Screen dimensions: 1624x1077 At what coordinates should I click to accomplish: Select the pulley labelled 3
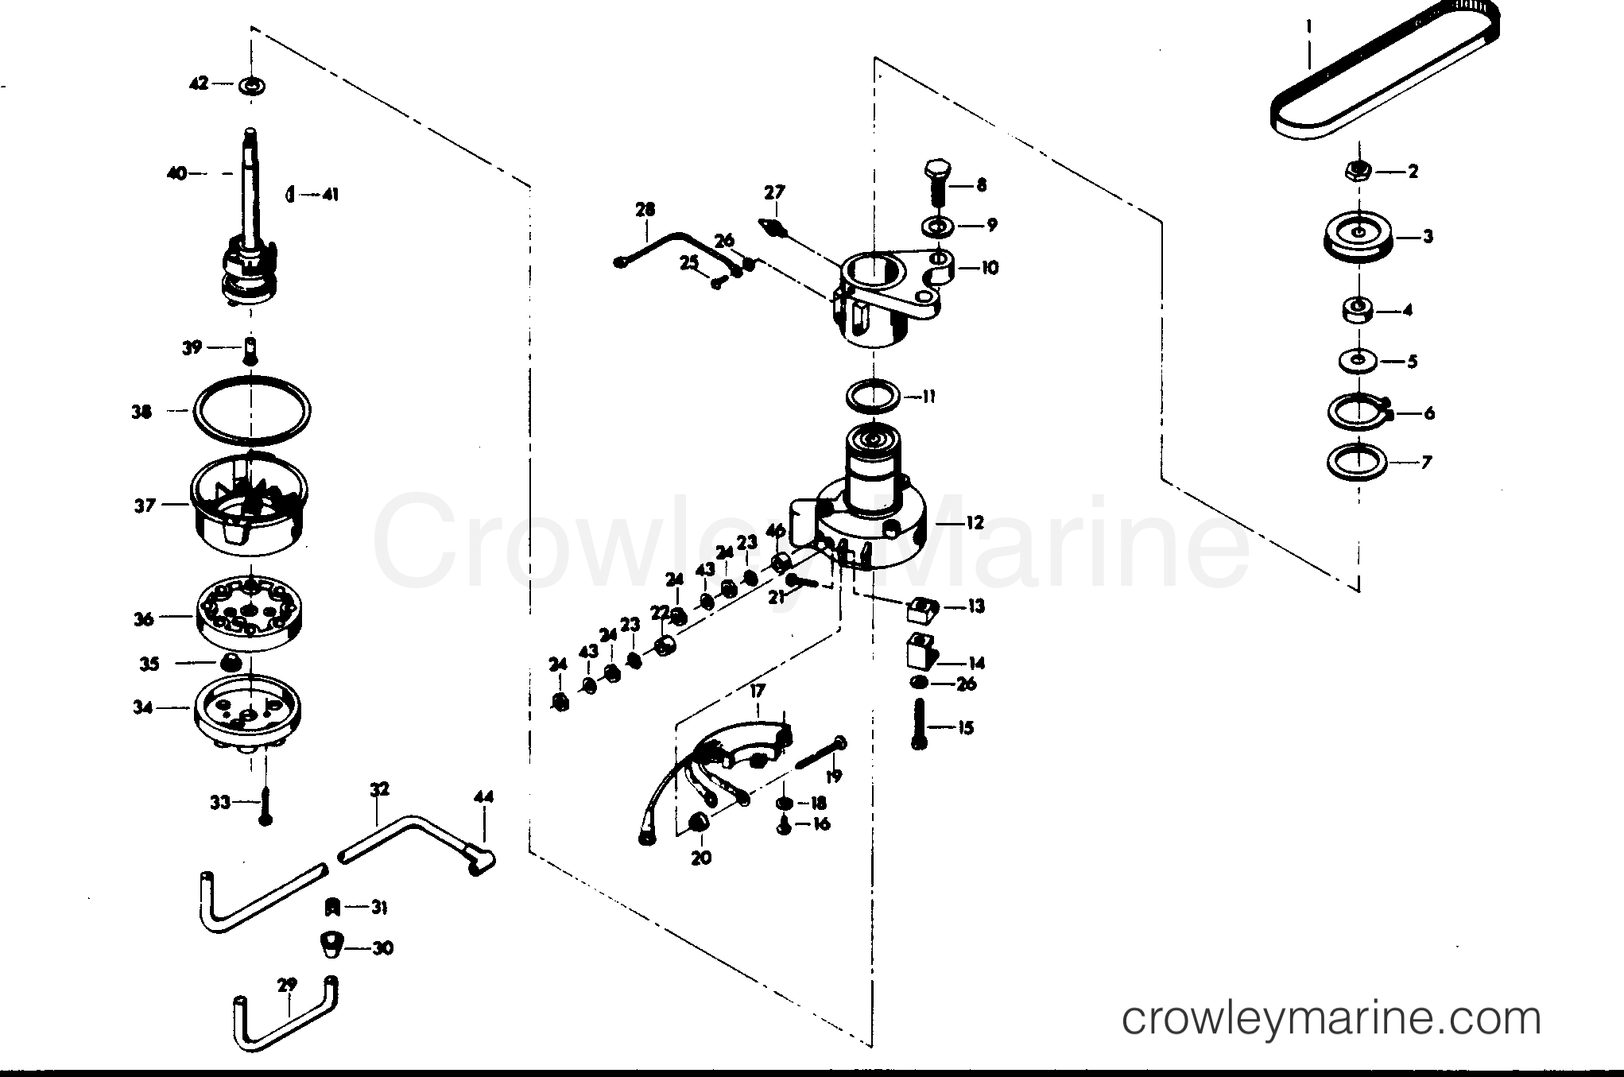[1359, 237]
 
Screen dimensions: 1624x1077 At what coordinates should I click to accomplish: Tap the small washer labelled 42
[252, 85]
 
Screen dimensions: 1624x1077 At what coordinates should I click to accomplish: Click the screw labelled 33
[266, 804]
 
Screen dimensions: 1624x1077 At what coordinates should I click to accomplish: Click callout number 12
[975, 522]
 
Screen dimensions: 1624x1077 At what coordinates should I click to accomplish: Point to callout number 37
[145, 505]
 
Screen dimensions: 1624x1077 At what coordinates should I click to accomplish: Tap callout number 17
[756, 692]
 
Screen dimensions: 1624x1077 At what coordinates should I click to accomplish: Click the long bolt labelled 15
[921, 723]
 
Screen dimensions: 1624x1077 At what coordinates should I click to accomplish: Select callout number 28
[645, 210]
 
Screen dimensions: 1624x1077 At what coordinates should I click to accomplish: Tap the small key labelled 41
[290, 194]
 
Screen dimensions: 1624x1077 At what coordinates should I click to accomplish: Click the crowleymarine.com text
[1331, 1018]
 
